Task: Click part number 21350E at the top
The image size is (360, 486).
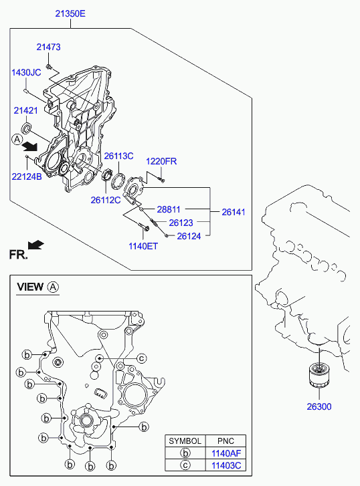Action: coord(70,13)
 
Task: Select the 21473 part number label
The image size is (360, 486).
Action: coord(48,47)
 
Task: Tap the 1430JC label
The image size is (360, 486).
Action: coord(26,72)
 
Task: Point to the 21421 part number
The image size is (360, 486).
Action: coord(25,110)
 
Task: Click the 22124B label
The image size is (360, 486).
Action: coord(27,176)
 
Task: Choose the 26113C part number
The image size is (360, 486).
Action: coord(118,156)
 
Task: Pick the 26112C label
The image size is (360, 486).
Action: coord(106,201)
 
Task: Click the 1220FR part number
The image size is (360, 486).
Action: coord(161,161)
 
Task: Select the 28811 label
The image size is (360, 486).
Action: coord(169,209)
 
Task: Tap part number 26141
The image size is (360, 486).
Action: coord(234,213)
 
